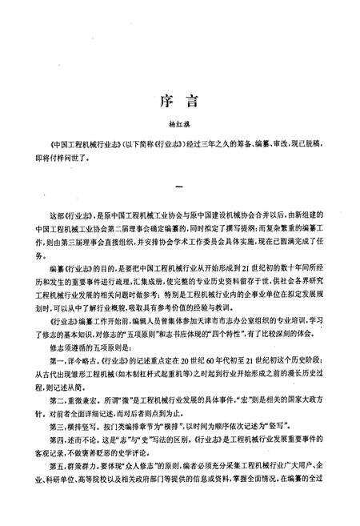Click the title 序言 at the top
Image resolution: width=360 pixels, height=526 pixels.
pyautogui.click(x=179, y=104)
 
